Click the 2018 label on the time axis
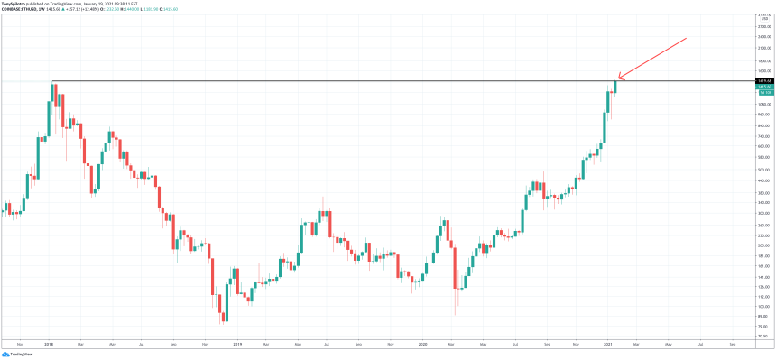(x=48, y=344)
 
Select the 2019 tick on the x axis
(x=236, y=344)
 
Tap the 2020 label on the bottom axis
(x=423, y=344)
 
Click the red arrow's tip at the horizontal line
(x=618, y=79)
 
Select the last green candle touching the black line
(x=614, y=87)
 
